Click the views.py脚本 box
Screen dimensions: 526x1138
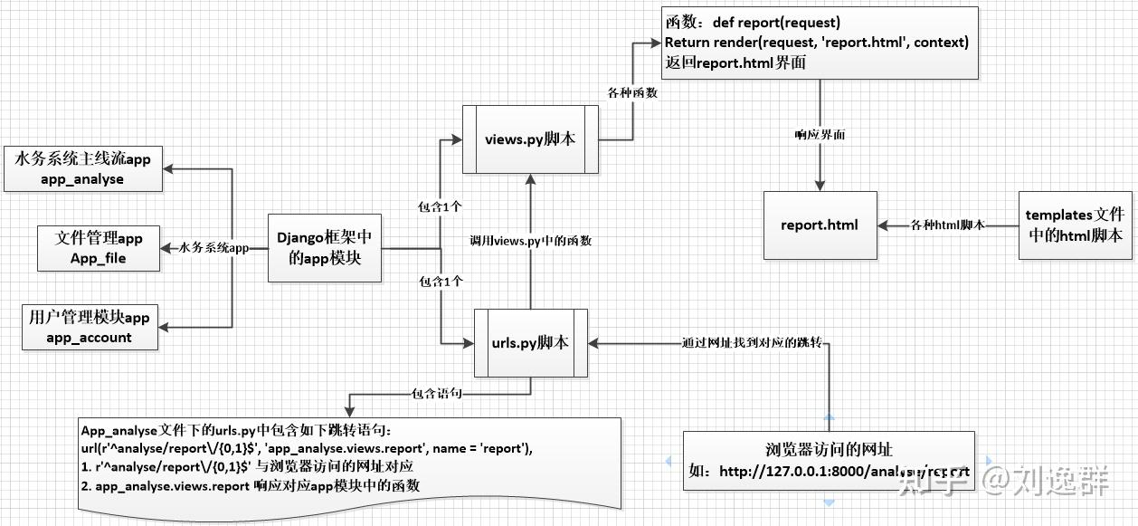pyautogui.click(x=530, y=139)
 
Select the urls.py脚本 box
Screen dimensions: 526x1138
pyautogui.click(x=531, y=343)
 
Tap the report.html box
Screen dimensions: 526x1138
pyautogui.click(x=820, y=225)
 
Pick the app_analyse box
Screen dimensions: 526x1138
pyautogui.click(x=82, y=168)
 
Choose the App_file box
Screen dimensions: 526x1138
pyautogui.click(x=98, y=247)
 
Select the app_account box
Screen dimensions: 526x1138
pyautogui.click(x=89, y=327)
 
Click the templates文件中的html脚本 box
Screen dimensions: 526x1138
pyautogui.click(x=1074, y=225)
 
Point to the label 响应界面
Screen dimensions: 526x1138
pyautogui.click(x=820, y=134)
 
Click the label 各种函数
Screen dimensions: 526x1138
pyautogui.click(x=633, y=92)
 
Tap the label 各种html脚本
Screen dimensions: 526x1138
pyautogui.click(x=947, y=225)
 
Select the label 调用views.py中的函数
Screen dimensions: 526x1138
pyautogui.click(x=531, y=241)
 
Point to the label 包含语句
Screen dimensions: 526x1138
pyautogui.click(x=438, y=394)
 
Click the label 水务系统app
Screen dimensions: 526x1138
pyautogui.click(x=213, y=247)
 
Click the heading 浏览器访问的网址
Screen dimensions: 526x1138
pyautogui.click(x=829, y=450)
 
